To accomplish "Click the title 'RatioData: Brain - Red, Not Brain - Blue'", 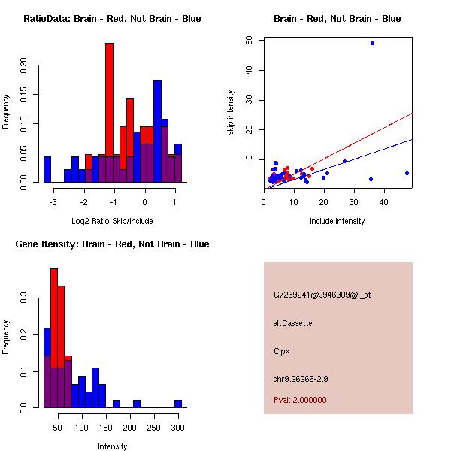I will click(112, 19).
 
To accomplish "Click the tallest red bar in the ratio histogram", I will click(109, 113).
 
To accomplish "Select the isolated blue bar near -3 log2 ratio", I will click(47, 169).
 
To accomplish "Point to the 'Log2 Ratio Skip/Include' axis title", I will click(112, 221).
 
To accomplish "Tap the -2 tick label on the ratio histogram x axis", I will click(84, 201).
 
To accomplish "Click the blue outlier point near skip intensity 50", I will click(372, 43).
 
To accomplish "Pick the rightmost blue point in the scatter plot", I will click(407, 173).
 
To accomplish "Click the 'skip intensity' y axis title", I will click(232, 113).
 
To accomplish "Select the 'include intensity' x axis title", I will click(337, 221).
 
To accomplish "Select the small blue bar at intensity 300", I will click(178, 404).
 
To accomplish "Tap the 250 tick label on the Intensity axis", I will click(153, 427).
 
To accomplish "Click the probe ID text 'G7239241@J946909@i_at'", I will click(322, 295).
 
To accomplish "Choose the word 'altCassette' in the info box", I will click(293, 323).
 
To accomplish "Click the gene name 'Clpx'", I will click(282, 351).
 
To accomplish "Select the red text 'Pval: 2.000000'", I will click(300, 400).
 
